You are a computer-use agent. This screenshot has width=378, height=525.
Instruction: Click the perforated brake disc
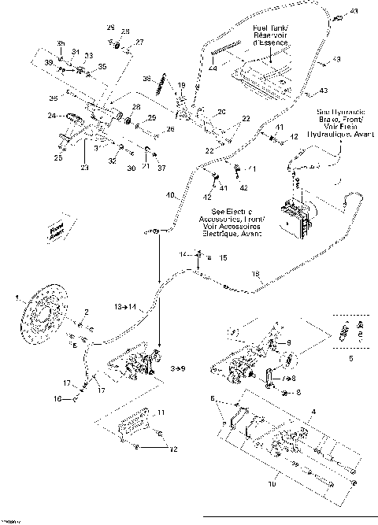[39, 325]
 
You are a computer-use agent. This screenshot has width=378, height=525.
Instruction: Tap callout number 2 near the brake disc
[87, 313]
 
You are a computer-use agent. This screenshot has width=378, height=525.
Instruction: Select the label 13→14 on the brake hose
[126, 304]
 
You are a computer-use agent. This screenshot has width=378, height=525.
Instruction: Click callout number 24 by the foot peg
[51, 116]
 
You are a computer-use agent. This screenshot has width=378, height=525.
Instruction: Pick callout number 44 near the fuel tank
[213, 69]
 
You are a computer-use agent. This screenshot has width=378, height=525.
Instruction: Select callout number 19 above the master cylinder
[180, 85]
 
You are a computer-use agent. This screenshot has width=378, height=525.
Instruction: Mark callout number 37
[162, 168]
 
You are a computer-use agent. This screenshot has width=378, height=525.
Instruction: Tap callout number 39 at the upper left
[48, 61]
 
